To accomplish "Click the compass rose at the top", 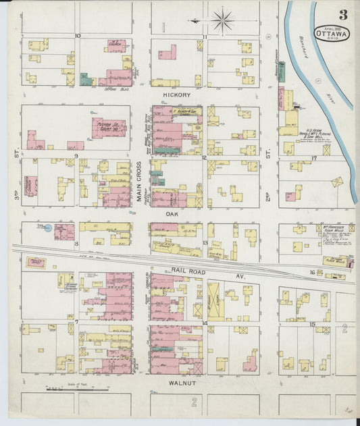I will [222, 20].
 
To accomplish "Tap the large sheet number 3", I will [343, 14].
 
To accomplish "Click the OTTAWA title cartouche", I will [331, 34].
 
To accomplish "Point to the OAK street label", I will [173, 213].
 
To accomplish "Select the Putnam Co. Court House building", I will [108, 126].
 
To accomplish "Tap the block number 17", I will [314, 158].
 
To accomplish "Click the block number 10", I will [78, 35].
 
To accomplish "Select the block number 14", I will [204, 323].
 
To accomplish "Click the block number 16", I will [312, 272].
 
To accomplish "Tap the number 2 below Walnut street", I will [193, 402].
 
